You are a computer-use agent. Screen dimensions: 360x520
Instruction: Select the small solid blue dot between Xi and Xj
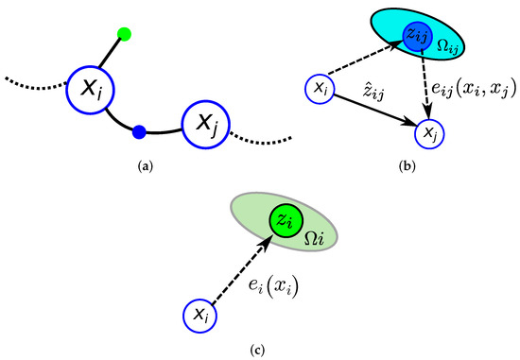pyautogui.click(x=139, y=131)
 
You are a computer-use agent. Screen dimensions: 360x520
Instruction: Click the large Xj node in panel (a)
pyautogui.click(x=204, y=122)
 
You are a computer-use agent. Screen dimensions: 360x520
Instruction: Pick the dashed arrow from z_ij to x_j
pyautogui.click(x=425, y=87)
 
